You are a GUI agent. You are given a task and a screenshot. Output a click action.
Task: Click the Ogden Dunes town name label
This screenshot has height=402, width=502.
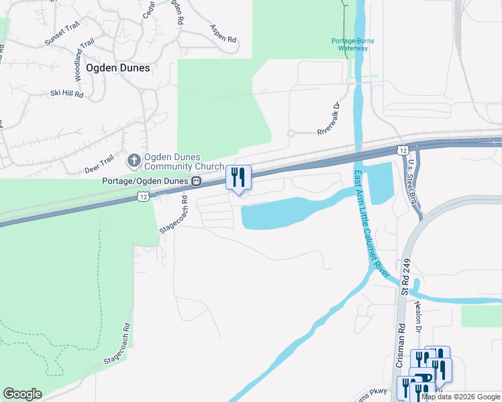(117, 68)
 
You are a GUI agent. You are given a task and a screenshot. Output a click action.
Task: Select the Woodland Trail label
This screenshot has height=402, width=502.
(82, 61)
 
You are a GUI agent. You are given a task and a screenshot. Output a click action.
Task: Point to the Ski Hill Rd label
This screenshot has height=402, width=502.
(66, 94)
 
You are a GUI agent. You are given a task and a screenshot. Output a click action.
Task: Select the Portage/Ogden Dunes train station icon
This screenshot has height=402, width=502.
(197, 181)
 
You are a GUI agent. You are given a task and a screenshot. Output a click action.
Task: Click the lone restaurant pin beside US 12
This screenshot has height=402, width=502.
(238, 177)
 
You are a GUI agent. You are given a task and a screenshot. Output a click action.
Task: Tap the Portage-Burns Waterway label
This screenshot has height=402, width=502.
(353, 44)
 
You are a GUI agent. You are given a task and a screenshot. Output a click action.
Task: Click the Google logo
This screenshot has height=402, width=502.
(22, 394)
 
